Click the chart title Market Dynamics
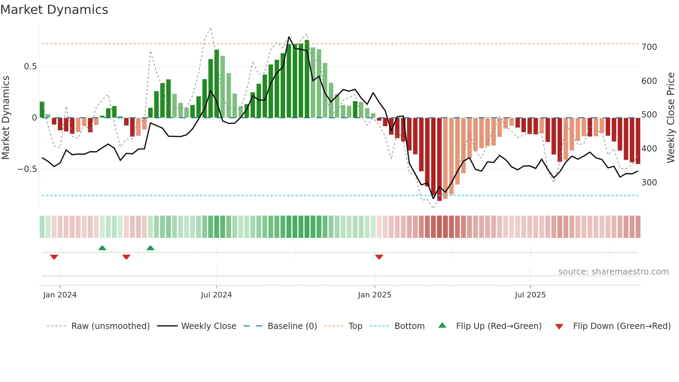coord(54,10)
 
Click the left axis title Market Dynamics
coord(6,118)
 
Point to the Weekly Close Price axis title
coord(671,118)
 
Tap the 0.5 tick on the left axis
coord(30,67)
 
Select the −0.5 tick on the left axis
coord(27,169)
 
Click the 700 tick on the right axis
coord(649,47)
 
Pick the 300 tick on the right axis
coord(649,183)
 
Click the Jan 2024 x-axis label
coord(60,295)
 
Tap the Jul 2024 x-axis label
coord(217,295)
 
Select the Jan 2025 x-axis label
coord(374,295)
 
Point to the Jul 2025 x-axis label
coord(530,295)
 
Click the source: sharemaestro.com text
coord(613,272)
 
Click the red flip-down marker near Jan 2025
coord(379,257)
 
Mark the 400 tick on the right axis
coord(649,149)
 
